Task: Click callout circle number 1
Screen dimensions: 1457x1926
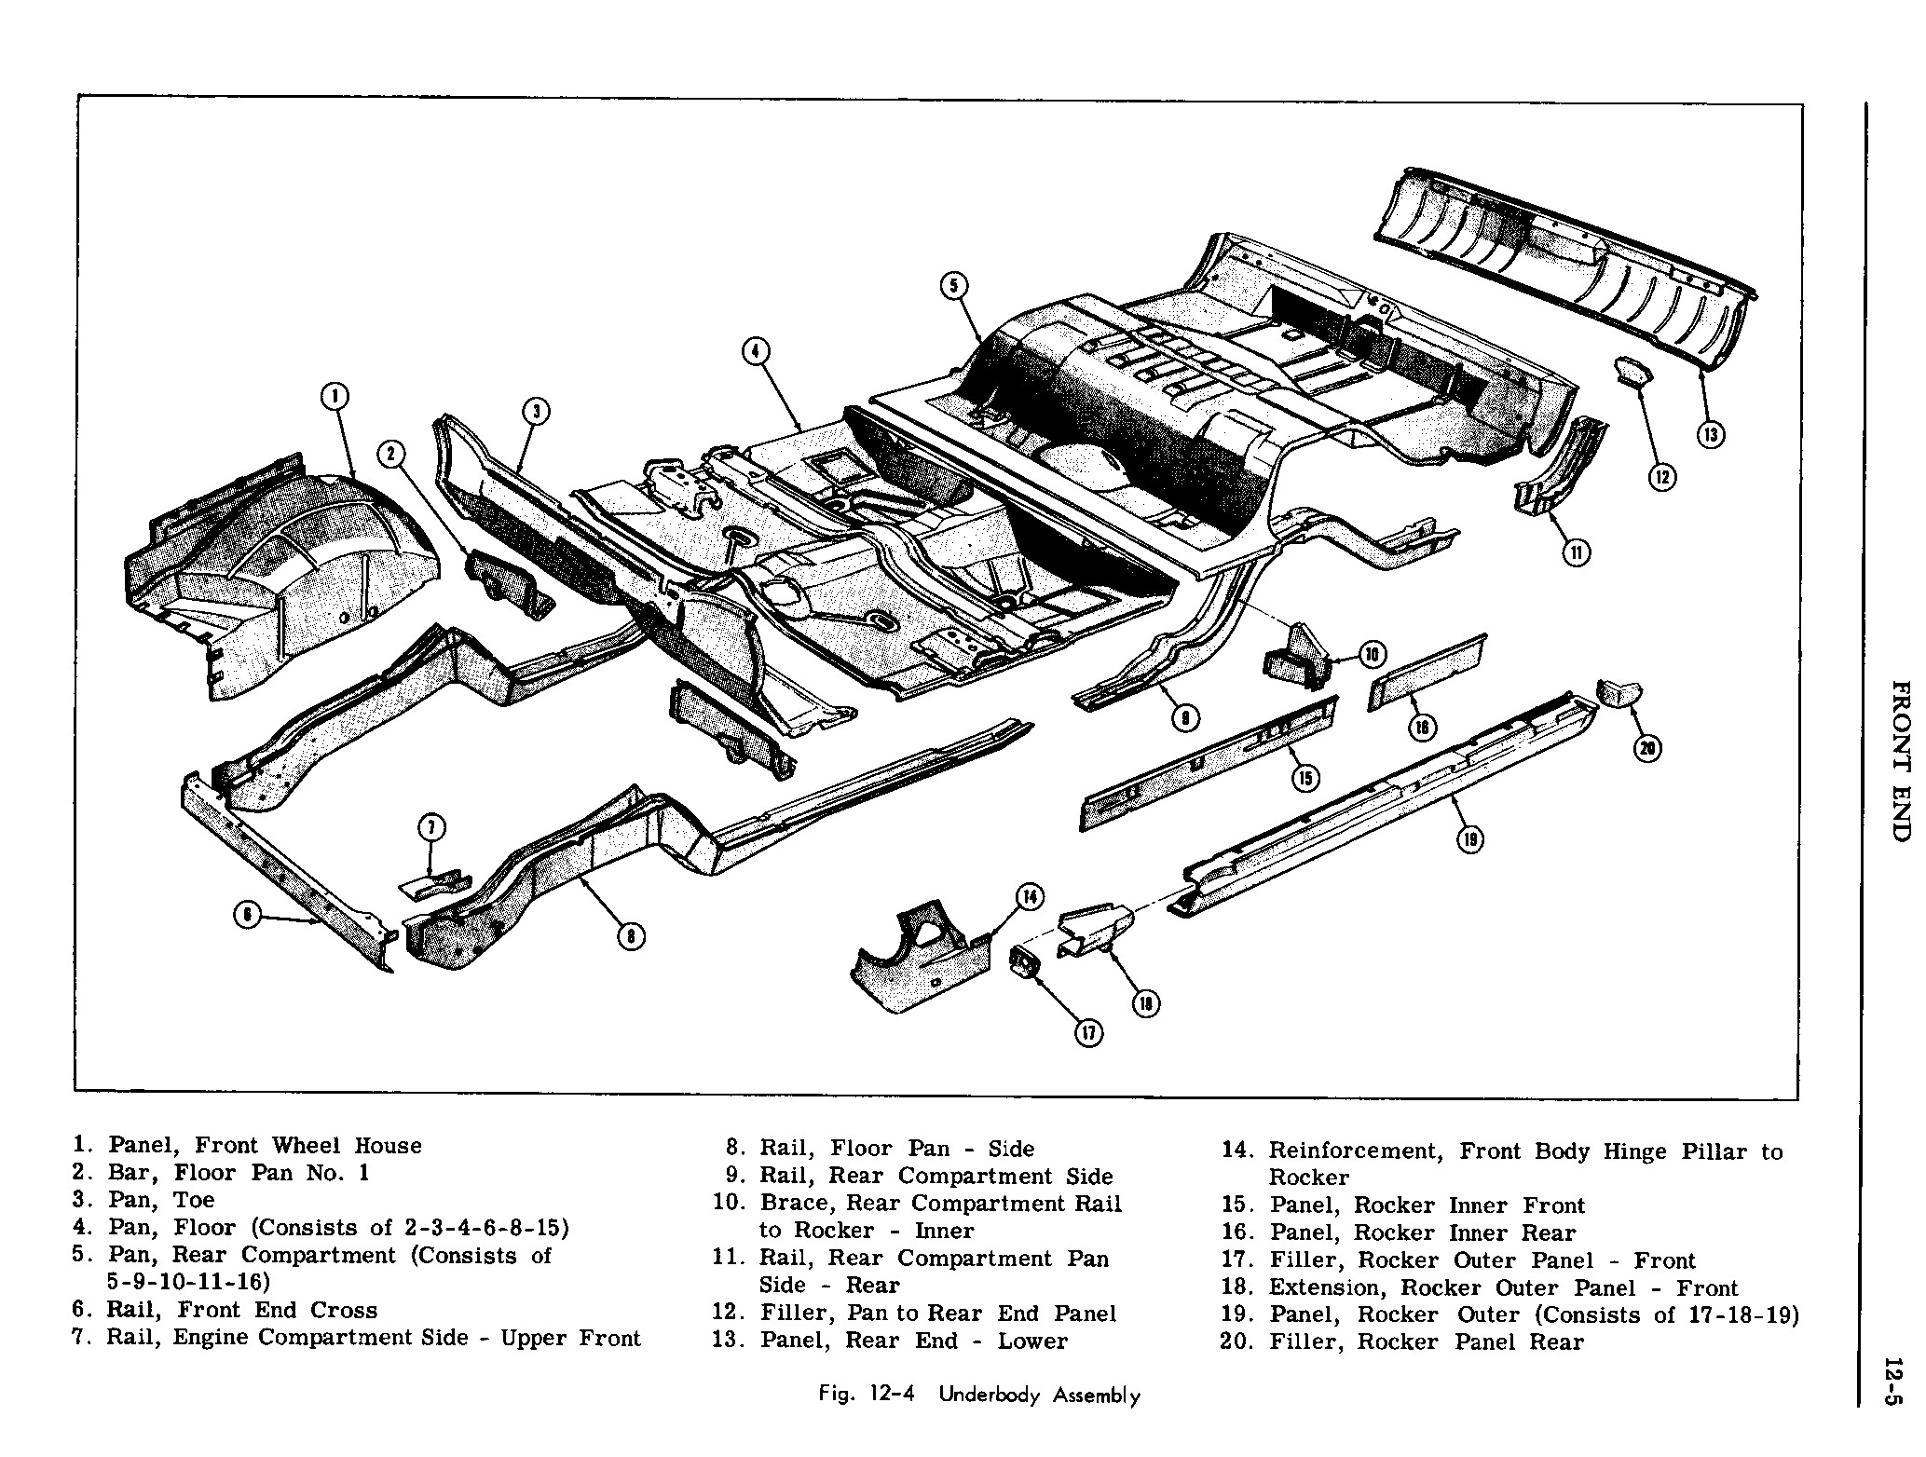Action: tap(333, 398)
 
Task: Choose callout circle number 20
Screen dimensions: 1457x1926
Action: tap(1647, 749)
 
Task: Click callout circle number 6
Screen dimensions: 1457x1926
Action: tap(246, 916)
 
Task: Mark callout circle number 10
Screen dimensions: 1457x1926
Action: tap(1373, 655)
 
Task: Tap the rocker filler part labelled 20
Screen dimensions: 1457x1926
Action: tap(1619, 694)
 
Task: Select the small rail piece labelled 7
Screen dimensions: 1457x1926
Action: tap(435, 882)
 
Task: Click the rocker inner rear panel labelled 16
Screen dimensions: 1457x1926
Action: tap(1426, 665)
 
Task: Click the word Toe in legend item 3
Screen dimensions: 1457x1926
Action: tap(194, 1200)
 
